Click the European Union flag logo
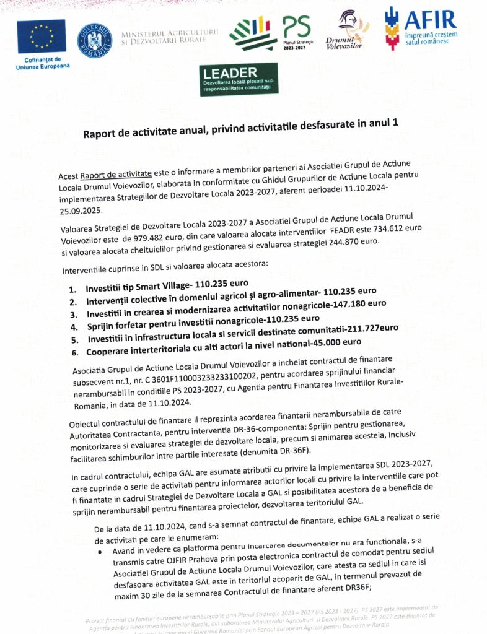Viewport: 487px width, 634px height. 41,37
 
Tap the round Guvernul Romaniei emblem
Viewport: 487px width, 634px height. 95,40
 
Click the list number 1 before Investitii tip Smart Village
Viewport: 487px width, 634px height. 73,289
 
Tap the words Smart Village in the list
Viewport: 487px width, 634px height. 159,287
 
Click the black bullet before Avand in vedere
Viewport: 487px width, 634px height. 100,550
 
